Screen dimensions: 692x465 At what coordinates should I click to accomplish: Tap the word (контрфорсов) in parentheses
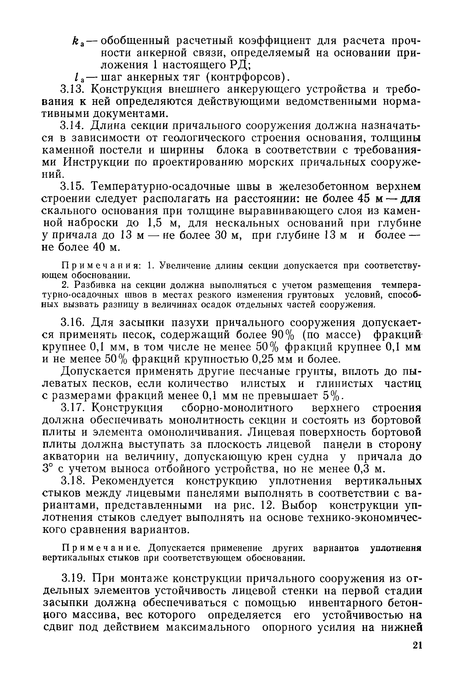point(246,77)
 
